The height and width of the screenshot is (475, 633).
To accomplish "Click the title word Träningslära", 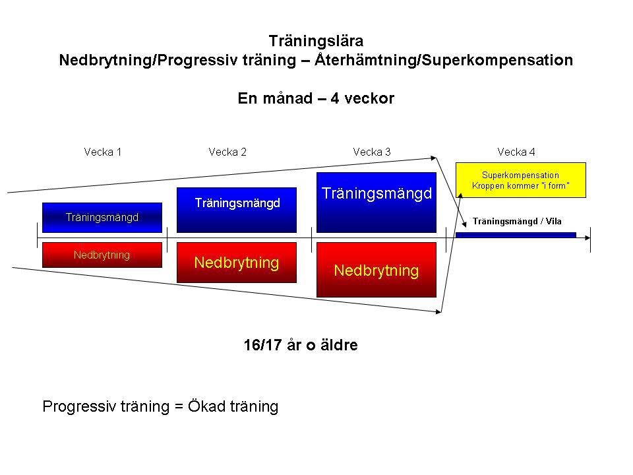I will coord(316,41).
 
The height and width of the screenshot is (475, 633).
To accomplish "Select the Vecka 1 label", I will coord(102,152).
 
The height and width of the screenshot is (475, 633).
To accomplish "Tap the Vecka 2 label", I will coord(227,152).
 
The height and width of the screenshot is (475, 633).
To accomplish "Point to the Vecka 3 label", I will coord(372,152).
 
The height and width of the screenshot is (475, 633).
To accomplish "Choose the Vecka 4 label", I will coord(516,152).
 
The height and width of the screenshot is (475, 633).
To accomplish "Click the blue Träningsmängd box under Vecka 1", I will coord(102,217).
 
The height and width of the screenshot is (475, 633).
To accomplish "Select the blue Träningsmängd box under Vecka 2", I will coord(237,210).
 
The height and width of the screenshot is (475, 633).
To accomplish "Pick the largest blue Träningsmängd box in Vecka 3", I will coord(377,202).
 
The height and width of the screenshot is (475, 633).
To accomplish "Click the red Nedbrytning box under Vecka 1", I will coord(102,255).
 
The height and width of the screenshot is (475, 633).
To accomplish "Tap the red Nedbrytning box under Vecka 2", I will coord(237,263).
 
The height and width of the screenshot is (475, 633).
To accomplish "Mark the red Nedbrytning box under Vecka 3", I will coord(377,270).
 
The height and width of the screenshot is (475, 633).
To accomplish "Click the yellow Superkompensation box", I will coord(520,180).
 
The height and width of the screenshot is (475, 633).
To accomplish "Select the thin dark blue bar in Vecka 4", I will coord(516,235).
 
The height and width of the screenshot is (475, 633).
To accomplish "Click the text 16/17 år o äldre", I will coord(301,345).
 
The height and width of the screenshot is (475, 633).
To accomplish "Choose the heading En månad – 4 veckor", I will coord(316,99).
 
